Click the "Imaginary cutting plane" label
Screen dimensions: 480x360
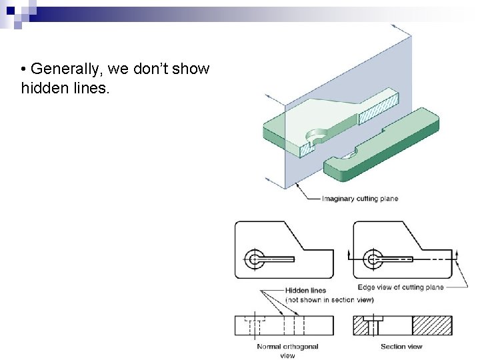(x=359, y=199)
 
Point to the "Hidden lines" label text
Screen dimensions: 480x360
(x=305, y=291)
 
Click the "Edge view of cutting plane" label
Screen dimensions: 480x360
(x=400, y=287)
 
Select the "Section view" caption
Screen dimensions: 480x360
(x=401, y=347)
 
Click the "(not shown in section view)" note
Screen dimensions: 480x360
(x=329, y=300)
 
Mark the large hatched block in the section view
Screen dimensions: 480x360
(x=432, y=325)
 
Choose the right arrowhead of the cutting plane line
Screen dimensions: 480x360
(x=458, y=254)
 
